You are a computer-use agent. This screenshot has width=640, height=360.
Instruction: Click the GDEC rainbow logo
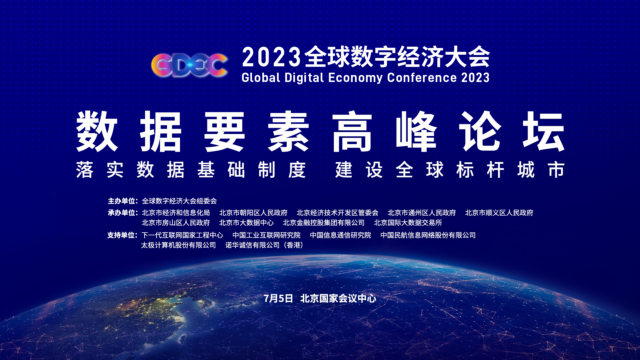(x=189, y=65)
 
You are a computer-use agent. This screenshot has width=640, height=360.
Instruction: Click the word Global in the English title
(x=261, y=78)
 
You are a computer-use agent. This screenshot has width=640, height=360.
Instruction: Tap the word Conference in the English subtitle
(x=422, y=78)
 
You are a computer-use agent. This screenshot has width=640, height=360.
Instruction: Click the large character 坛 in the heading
(x=543, y=131)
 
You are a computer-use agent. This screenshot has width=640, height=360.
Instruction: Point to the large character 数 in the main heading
(x=97, y=131)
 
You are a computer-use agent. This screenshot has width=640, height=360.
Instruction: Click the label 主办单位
(x=122, y=201)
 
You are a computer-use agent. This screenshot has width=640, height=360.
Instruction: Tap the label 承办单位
(x=122, y=213)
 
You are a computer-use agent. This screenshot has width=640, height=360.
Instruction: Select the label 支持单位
(x=122, y=235)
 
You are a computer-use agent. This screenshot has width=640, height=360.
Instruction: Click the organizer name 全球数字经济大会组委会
(x=179, y=201)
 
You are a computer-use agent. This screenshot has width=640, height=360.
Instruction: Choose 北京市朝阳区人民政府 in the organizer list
(x=253, y=213)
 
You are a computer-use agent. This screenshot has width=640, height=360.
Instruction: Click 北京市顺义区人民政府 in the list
(x=499, y=213)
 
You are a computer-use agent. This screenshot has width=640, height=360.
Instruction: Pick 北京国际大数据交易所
(x=408, y=223)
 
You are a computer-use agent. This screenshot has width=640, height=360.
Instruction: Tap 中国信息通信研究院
(x=340, y=235)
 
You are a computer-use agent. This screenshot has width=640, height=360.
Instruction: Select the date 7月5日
(x=278, y=298)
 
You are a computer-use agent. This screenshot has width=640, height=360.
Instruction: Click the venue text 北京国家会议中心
(x=338, y=298)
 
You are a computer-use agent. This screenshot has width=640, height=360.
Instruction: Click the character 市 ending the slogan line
(x=556, y=170)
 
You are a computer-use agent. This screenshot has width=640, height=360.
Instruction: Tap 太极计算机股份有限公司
(x=178, y=245)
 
